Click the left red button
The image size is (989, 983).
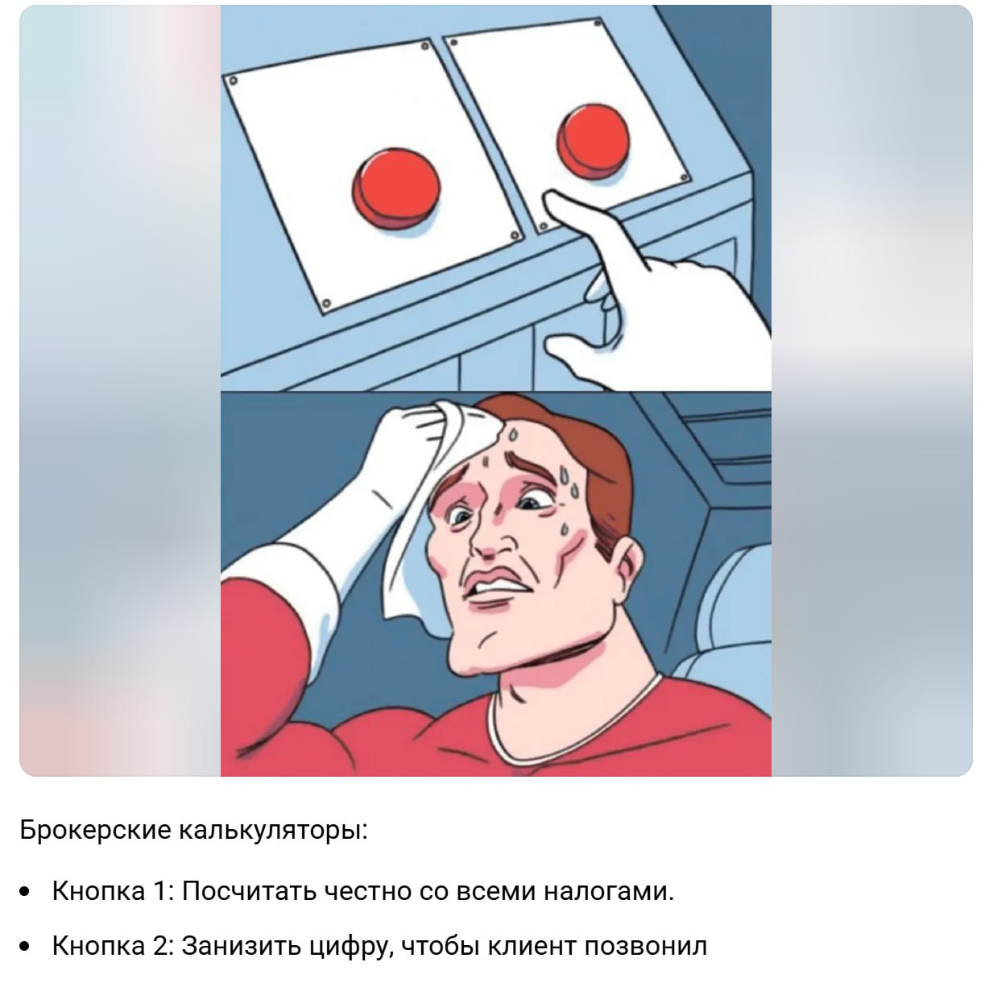(x=396, y=184)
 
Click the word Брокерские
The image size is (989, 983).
(x=93, y=829)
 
